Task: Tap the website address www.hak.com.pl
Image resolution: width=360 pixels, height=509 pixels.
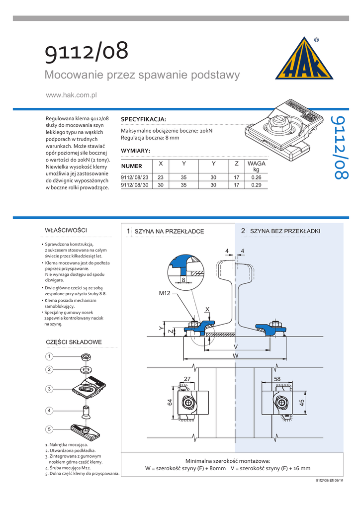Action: tap(71, 95)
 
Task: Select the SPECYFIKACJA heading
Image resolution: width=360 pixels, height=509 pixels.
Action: tap(143, 119)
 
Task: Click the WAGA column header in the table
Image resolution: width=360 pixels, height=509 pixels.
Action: tap(256, 166)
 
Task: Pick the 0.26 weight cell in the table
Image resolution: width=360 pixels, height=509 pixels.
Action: tap(256, 177)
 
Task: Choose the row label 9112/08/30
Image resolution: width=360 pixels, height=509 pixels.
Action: tap(135, 185)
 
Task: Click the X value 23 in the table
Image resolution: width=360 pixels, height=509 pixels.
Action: tap(161, 177)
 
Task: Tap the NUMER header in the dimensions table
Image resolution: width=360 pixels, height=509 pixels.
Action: tap(132, 166)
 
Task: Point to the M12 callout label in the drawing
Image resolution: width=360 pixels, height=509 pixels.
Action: tap(165, 294)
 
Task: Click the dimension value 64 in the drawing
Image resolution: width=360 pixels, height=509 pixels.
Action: tap(170, 402)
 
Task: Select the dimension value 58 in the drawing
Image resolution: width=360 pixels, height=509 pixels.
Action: tap(277, 379)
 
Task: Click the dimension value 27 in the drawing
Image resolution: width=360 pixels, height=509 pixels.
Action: tap(187, 379)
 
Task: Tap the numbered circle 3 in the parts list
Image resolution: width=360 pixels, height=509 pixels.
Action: tap(49, 389)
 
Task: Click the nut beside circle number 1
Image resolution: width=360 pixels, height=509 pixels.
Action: tap(85, 356)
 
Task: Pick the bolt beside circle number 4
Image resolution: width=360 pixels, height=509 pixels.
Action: tap(86, 412)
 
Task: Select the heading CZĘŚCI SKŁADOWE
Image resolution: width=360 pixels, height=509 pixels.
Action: tap(74, 342)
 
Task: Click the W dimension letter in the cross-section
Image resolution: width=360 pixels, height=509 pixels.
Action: tap(236, 356)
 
